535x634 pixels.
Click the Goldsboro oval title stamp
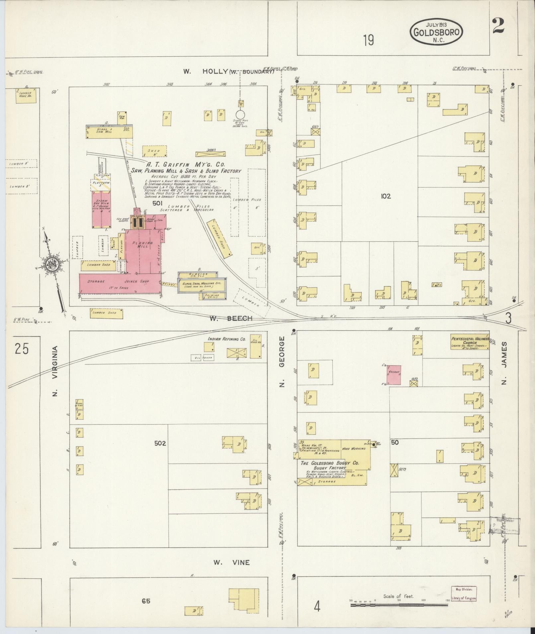click(x=436, y=32)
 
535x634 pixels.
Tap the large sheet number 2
click(x=498, y=26)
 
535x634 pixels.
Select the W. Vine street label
click(x=231, y=562)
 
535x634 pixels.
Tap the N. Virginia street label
click(x=55, y=371)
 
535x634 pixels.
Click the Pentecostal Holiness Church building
click(x=470, y=341)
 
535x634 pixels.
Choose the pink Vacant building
click(x=393, y=375)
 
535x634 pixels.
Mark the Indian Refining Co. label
click(x=222, y=339)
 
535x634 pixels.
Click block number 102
click(x=386, y=196)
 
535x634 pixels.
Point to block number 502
click(x=160, y=443)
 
